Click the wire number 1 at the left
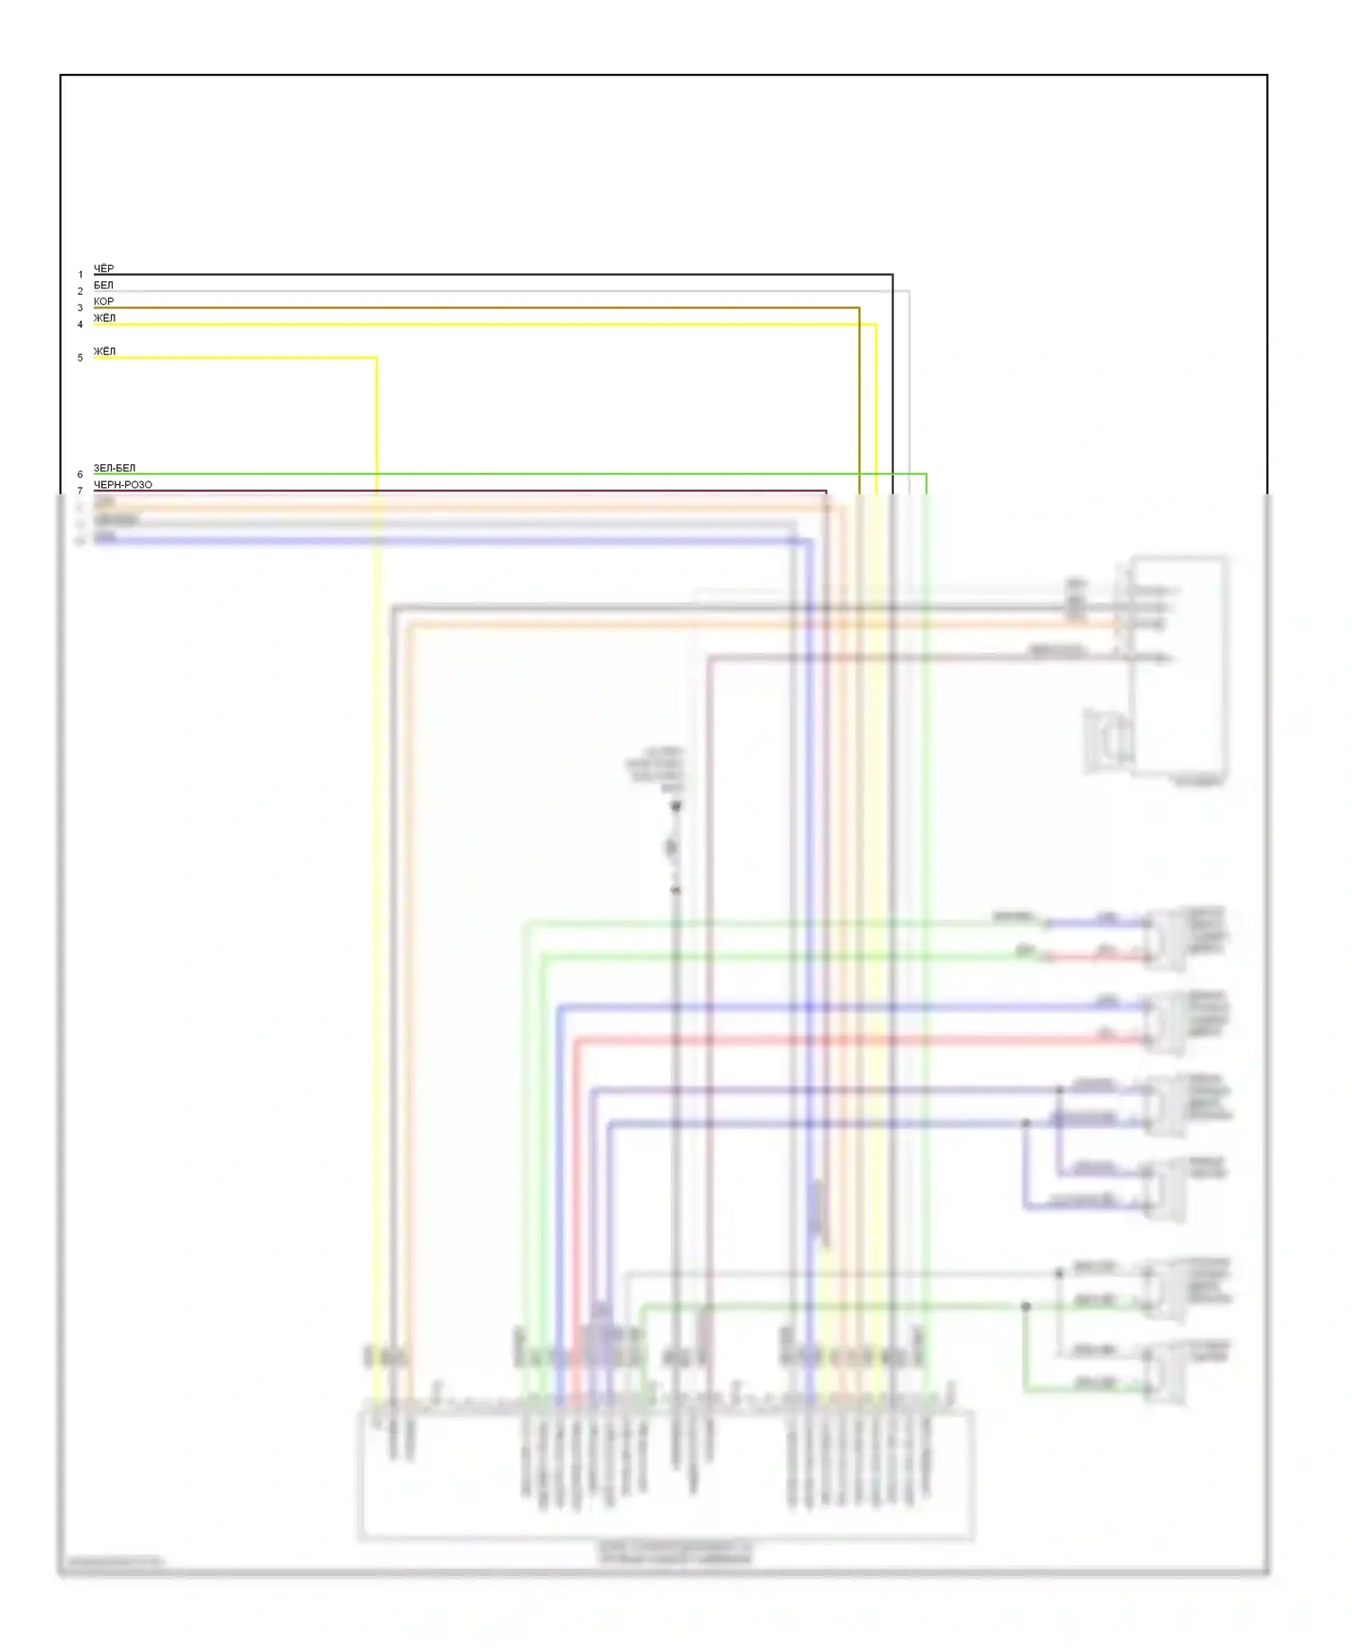80,275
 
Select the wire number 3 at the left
80,308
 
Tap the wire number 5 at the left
80,358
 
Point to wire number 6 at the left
80,474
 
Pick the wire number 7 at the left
80,491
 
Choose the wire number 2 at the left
80,291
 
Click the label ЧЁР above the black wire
104,269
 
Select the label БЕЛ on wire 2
104,285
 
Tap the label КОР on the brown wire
104,301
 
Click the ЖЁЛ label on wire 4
105,318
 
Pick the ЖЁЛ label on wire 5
105,352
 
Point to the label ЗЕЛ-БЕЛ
114,469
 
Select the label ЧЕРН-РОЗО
123,485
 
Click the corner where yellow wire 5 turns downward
376,358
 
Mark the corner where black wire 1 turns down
892,275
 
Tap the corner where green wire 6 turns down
926,474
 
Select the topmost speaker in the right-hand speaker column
1165,938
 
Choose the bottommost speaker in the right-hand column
1165,1372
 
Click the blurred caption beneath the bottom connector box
676,1552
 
